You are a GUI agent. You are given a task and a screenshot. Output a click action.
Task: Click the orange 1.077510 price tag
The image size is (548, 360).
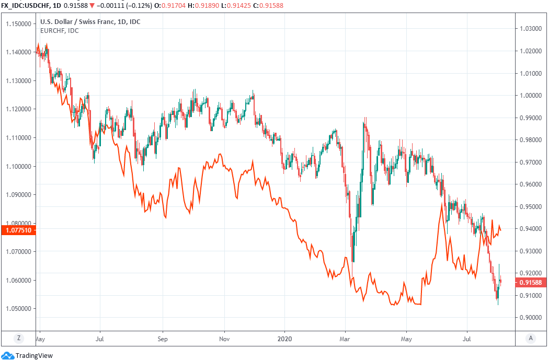pyautogui.click(x=18, y=230)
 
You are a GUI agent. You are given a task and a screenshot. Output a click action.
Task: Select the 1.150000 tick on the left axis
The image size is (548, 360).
pyautogui.click(x=19, y=24)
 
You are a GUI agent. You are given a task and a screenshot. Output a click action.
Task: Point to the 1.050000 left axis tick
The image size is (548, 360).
pyautogui.click(x=19, y=308)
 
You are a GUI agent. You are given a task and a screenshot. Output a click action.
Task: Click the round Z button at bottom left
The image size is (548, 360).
pyautogui.click(x=19, y=338)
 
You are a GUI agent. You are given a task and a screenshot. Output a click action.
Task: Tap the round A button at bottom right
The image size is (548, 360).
pyautogui.click(x=531, y=338)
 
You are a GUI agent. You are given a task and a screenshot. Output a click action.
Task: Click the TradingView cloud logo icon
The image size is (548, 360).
pyautogui.click(x=8, y=355)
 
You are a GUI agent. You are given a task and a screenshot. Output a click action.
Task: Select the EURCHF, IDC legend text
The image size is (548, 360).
pyautogui.click(x=60, y=31)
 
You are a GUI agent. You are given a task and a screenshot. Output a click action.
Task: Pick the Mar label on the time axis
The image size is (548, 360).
pyautogui.click(x=345, y=338)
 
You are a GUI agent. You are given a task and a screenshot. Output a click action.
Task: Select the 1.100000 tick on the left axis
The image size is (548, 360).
pyautogui.click(x=19, y=166)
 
